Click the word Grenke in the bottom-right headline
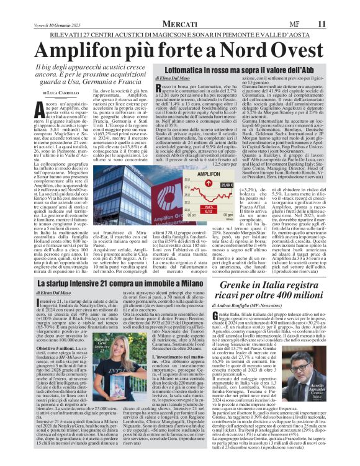click(248, 268)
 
